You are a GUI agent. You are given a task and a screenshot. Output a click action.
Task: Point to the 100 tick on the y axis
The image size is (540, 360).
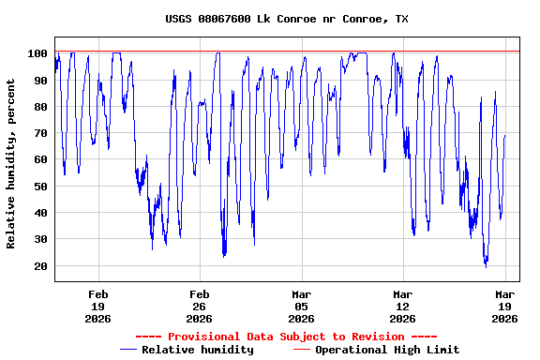coord(38,54)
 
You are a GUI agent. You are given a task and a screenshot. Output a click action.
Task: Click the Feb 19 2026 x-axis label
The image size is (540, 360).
coord(97,307)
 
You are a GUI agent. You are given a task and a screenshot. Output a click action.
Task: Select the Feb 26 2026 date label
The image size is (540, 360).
coord(199,307)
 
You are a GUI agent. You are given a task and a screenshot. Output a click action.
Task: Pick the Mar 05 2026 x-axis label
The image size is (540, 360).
coord(301,307)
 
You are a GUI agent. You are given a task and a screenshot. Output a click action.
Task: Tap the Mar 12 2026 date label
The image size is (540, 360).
coord(402,307)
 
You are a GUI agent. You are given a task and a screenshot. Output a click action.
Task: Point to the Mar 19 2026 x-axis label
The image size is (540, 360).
coord(504,307)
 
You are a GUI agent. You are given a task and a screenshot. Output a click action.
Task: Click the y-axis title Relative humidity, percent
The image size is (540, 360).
coord(12,164)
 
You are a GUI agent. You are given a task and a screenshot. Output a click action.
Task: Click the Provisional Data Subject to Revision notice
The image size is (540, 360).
coord(286,337)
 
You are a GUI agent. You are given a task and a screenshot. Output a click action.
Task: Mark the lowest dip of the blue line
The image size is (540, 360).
coord(486,266)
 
